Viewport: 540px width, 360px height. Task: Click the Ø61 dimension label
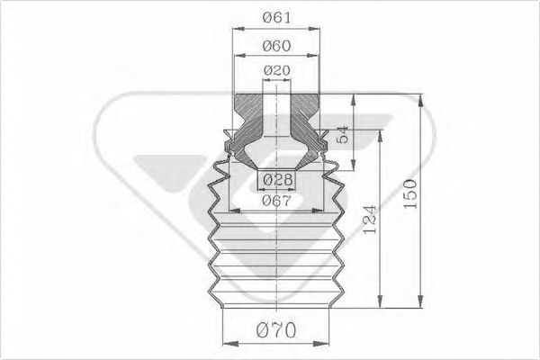(x=276, y=17)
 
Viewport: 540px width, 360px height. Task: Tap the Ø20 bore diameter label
(x=276, y=70)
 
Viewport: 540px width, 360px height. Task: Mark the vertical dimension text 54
(x=344, y=138)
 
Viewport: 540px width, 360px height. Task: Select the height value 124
(x=371, y=216)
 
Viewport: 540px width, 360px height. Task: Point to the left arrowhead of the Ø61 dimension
(x=236, y=29)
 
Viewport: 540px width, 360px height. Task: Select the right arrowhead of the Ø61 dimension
(x=320, y=29)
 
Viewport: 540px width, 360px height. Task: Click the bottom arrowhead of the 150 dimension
(x=420, y=304)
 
